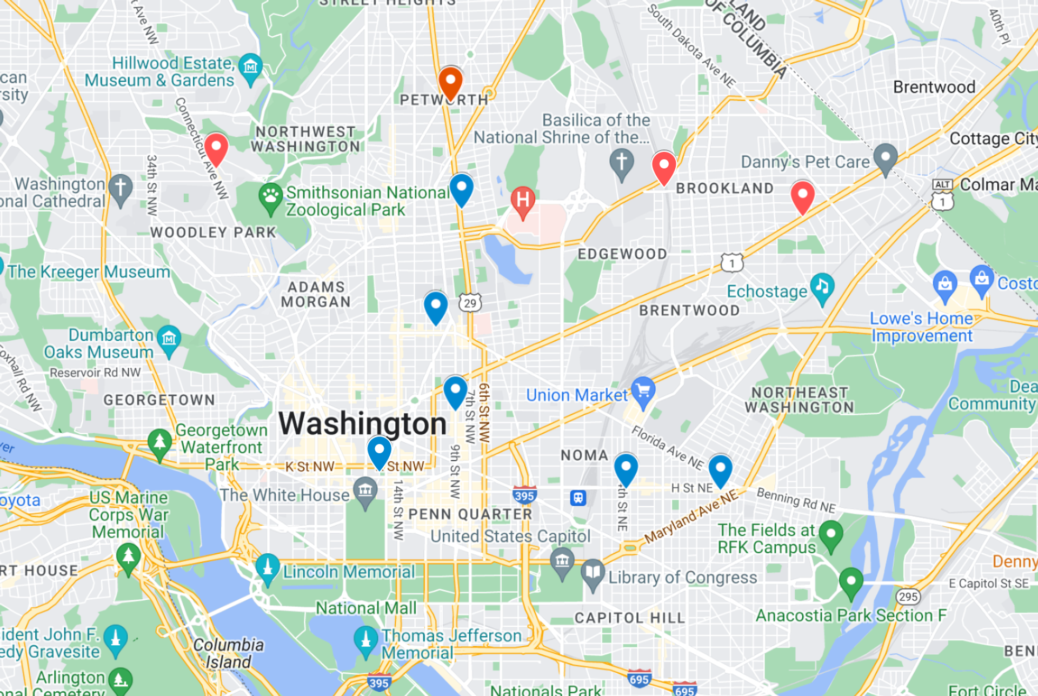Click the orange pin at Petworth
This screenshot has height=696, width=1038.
450,82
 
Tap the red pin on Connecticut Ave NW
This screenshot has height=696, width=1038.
216,148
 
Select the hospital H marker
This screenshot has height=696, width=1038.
523,201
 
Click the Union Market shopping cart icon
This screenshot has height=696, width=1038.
643,392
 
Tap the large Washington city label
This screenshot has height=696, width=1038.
362,423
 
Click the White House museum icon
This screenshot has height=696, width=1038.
365,492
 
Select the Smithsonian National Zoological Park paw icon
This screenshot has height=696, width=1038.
270,197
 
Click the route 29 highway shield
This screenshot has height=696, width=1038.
470,303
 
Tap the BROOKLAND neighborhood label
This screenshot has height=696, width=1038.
724,188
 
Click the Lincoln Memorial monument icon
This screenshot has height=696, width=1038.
267,568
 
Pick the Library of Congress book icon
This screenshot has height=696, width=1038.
593,573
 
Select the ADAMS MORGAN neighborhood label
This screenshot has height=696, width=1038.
316,294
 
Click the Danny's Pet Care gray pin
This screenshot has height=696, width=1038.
885,158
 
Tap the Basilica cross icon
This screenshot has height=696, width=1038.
622,163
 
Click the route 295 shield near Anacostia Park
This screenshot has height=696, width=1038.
908,596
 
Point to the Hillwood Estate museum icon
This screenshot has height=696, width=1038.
250,68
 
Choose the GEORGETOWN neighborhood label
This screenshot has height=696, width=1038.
159,400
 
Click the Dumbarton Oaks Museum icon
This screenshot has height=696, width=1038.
169,340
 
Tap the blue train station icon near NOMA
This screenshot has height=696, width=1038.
578,497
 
